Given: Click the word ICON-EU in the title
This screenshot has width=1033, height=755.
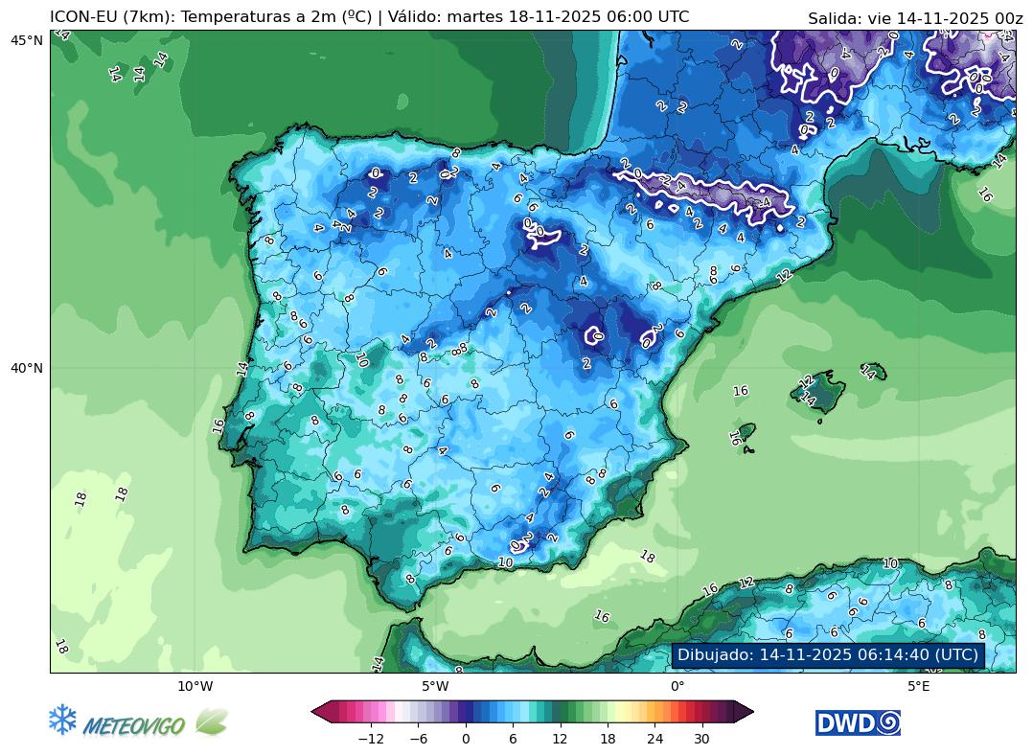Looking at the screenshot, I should point(84,17).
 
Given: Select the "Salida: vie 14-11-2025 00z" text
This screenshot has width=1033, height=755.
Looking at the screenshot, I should point(915,18).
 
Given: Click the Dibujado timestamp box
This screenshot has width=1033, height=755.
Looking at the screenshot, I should point(828,655).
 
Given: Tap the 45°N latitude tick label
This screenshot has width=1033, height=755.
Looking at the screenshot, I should point(27,39).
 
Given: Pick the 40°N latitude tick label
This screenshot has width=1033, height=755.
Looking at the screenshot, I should point(27,368).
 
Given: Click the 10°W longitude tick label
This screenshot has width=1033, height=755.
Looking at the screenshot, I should point(195,686).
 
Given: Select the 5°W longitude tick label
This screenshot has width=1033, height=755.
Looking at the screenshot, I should point(435,686).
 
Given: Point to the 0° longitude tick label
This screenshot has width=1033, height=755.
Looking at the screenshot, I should point(677,686).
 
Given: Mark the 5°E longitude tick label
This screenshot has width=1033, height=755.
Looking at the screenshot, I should point(918,686).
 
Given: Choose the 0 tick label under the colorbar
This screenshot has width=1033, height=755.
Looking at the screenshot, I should point(466,739).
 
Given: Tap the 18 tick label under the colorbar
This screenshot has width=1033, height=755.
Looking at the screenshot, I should point(607,739).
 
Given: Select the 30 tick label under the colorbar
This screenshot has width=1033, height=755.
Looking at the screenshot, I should point(701,739).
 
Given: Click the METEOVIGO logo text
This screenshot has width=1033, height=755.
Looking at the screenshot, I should point(134,726).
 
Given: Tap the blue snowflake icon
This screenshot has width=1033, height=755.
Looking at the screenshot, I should point(62,721).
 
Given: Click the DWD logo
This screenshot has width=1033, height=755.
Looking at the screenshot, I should point(858,722).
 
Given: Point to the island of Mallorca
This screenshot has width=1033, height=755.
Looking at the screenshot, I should point(820,388).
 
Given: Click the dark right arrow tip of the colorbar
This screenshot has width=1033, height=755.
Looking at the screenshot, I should point(746,711).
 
